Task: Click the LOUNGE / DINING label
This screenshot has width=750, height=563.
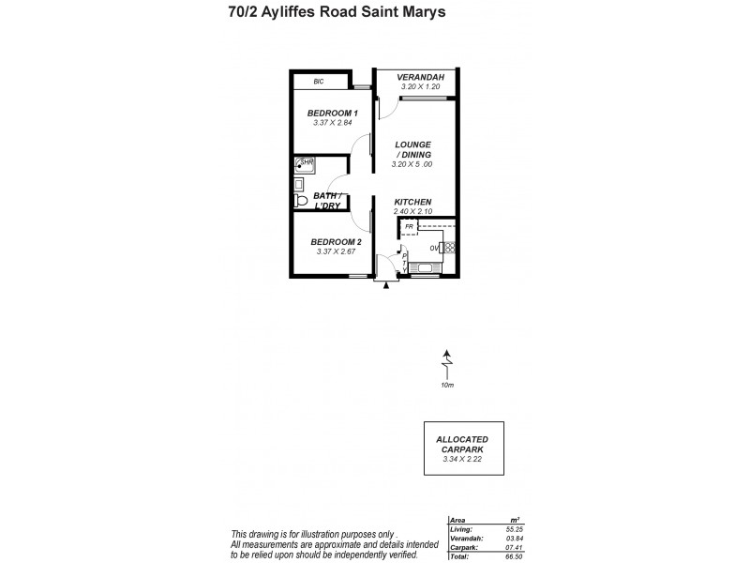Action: pos(412,149)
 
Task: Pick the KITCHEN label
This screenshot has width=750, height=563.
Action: pos(412,203)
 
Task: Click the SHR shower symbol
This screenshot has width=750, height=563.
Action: pos(305,165)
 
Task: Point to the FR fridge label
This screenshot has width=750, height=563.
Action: pos(409,227)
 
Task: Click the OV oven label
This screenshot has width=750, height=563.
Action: pos(434,248)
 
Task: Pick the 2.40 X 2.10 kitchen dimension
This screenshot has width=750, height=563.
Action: pos(412,212)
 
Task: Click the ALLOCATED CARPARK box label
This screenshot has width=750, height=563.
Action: pos(462,444)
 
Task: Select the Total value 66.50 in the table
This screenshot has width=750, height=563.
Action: pos(511,555)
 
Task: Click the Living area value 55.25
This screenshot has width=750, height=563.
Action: pos(511,530)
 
